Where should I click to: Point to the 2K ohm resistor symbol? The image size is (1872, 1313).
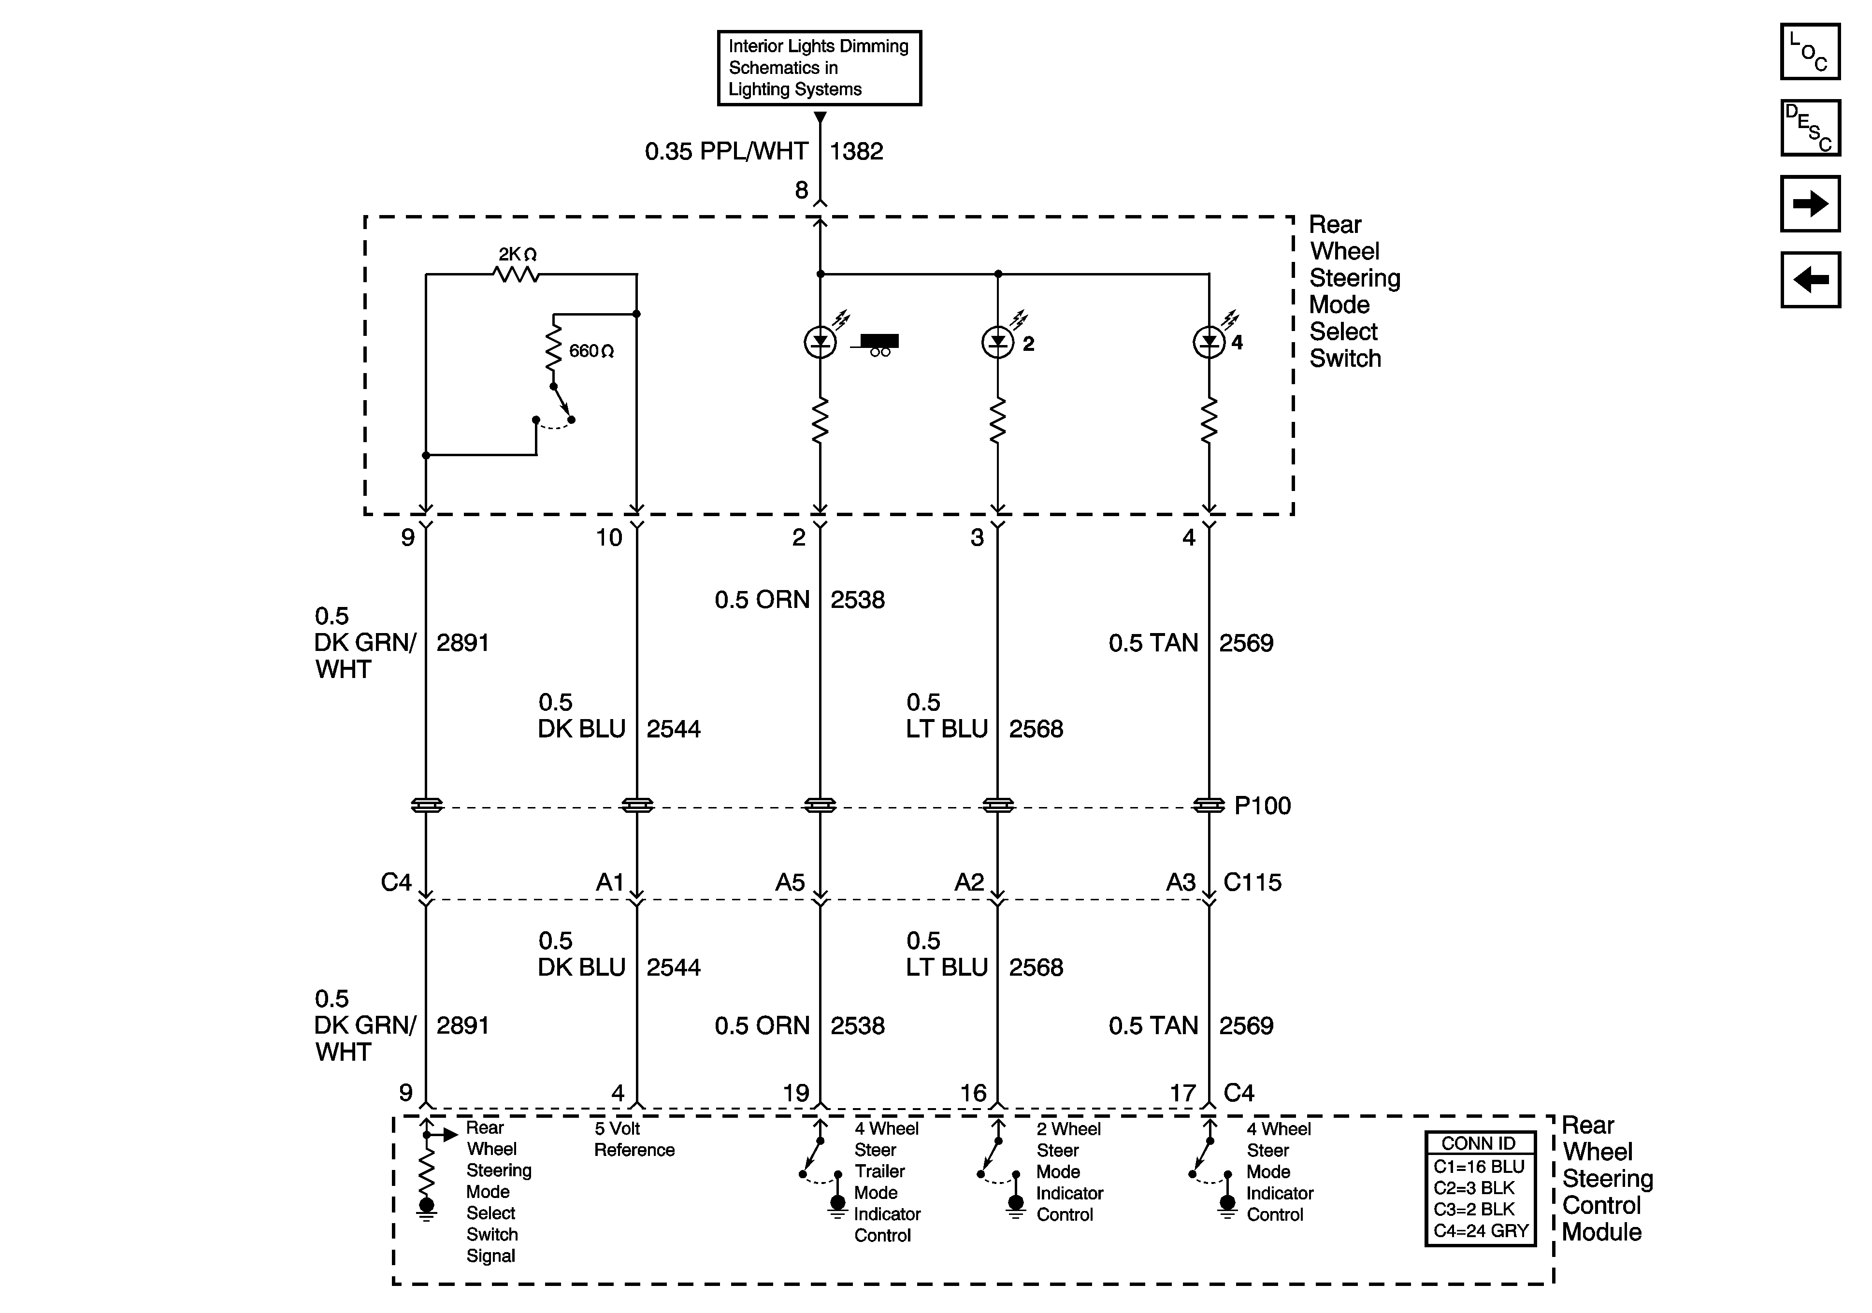[x=517, y=275]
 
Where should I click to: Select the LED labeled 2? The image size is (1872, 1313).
[x=997, y=343]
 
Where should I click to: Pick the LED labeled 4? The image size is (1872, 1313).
[x=1209, y=343]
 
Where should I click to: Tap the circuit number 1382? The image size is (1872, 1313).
[x=856, y=152]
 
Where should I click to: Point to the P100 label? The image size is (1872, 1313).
[x=1262, y=806]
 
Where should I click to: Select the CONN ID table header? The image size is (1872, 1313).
[x=1479, y=1143]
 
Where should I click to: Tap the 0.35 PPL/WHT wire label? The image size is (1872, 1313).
[x=726, y=152]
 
